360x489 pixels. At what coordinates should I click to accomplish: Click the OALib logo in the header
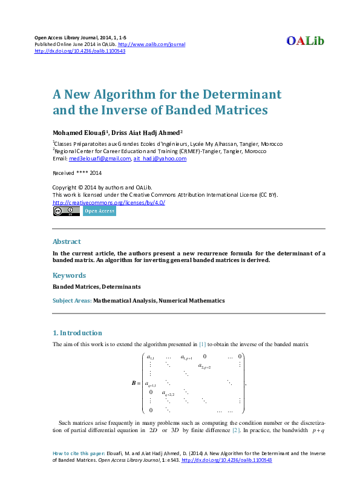pos(306,41)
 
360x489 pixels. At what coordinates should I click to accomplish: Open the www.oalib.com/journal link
pos(151,45)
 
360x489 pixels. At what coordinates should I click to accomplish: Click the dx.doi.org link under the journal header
pos(80,51)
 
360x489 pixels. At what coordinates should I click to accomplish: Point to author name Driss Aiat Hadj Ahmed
pos(148,133)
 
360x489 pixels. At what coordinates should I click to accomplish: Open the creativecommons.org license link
pos(109,202)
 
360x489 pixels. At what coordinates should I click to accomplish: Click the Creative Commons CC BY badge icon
pos(66,211)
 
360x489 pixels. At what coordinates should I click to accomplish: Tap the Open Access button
pos(99,211)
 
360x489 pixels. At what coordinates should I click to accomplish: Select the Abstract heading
pos(67,241)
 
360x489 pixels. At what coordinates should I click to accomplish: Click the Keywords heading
pos(69,275)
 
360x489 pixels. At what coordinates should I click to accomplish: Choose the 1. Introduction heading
pos(77,333)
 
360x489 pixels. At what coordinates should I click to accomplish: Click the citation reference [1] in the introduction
pos(203,344)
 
